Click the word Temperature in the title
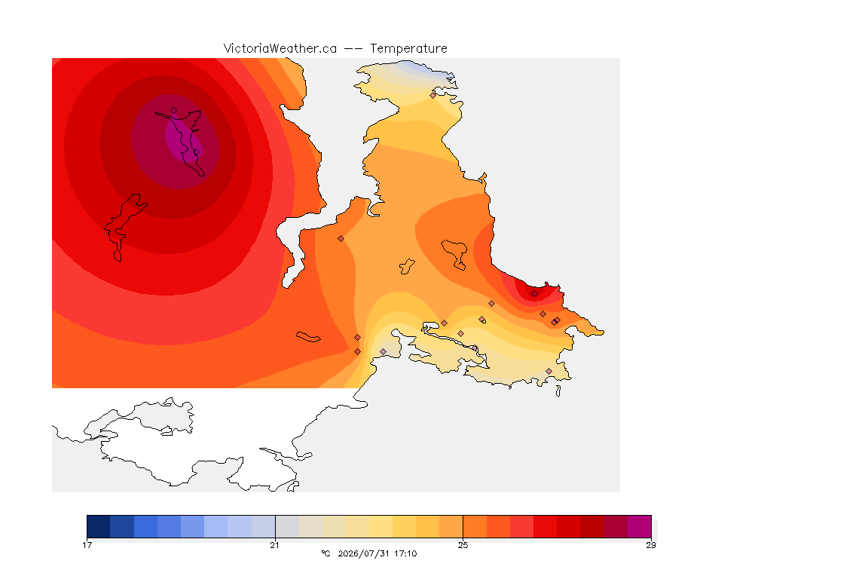click(x=408, y=49)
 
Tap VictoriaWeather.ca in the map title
click(x=280, y=49)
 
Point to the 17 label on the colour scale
click(x=87, y=545)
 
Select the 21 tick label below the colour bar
click(x=274, y=545)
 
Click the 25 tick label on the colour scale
click(x=463, y=545)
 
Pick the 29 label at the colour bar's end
click(x=651, y=545)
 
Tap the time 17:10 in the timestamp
click(x=405, y=553)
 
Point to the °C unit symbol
click(x=325, y=553)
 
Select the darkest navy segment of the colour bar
click(x=99, y=526)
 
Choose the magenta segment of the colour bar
click(x=640, y=526)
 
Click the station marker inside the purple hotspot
click(x=174, y=111)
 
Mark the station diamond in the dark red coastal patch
click(x=534, y=294)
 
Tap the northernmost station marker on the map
click(x=433, y=95)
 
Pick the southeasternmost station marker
click(x=549, y=371)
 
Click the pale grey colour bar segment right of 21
click(x=287, y=526)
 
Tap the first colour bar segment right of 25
click(x=475, y=526)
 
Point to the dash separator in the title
click(x=353, y=49)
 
